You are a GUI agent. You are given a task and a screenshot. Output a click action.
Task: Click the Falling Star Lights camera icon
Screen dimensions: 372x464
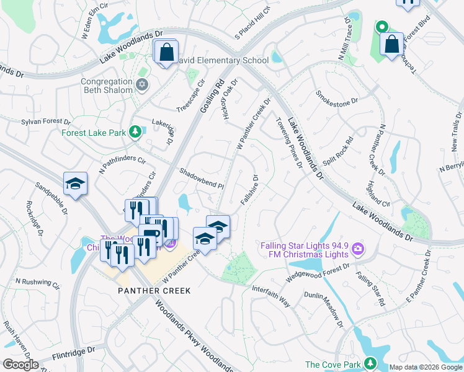[x=357, y=250]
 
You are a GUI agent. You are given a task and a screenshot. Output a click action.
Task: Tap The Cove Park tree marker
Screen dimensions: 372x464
[x=370, y=363]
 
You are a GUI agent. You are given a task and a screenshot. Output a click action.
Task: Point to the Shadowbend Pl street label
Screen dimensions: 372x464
[x=201, y=177]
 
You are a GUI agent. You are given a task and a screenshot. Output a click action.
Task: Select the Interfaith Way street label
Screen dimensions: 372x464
[x=270, y=296]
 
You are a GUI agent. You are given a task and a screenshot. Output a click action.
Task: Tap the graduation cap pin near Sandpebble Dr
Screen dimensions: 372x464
[x=75, y=184]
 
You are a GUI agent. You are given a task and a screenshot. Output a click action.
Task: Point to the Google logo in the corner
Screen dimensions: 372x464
[x=20, y=365]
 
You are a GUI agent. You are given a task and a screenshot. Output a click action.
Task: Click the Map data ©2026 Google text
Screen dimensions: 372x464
[x=425, y=367]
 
